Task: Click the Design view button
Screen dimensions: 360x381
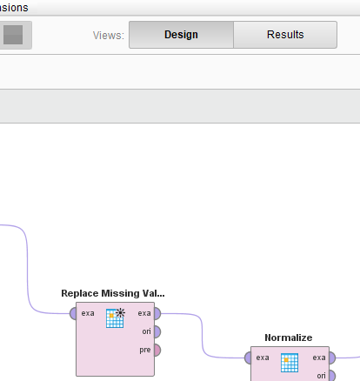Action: (181, 35)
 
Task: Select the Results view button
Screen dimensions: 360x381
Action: (285, 35)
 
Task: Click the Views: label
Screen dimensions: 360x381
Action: (109, 36)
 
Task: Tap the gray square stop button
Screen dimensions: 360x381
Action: (13, 35)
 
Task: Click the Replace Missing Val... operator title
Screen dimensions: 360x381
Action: (113, 293)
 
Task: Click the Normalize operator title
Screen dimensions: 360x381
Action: (289, 338)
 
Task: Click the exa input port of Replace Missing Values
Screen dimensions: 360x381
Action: (73, 313)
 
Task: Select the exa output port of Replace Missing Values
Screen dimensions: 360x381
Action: (157, 313)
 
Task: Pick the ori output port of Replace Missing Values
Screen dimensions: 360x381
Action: (157, 331)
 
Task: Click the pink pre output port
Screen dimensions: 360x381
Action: (157, 350)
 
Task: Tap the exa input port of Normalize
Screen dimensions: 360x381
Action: (248, 358)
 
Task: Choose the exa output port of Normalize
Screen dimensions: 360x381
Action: (332, 358)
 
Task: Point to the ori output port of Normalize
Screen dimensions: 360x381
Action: (332, 376)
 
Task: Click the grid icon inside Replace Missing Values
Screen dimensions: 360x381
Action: (116, 318)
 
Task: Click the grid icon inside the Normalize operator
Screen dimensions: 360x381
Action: (290, 363)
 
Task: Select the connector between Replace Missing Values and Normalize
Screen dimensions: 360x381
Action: (203, 336)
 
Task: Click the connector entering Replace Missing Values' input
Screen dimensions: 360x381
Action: (28, 270)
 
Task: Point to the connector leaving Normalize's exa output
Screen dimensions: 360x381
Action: (348, 358)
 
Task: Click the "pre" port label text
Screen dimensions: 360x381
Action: (145, 351)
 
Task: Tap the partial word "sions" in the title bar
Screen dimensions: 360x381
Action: (14, 8)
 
